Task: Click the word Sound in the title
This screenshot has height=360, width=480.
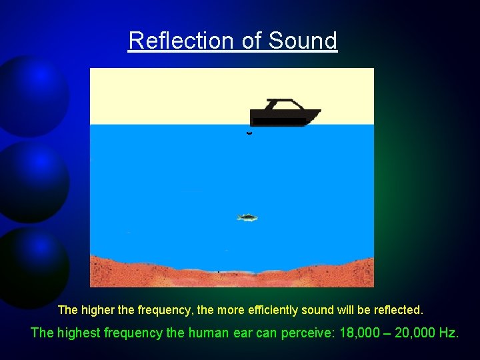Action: [303, 41]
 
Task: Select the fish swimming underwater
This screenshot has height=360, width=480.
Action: [247, 217]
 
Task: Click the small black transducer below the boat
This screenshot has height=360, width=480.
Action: [249, 133]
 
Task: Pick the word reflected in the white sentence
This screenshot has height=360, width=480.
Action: [397, 310]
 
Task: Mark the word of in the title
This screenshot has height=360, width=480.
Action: [251, 41]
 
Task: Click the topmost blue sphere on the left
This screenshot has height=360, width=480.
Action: [33, 93]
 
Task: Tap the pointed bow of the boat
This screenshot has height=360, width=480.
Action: [318, 112]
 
